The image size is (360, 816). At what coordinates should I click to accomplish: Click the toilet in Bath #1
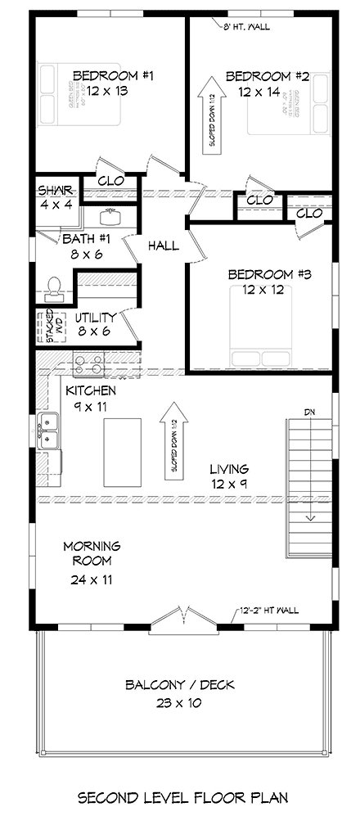(53, 286)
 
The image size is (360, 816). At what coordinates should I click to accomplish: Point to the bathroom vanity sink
(110, 217)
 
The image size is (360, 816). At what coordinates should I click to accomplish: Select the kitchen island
(122, 451)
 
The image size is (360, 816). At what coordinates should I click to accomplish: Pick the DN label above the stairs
(308, 412)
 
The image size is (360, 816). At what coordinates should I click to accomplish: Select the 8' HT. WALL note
(247, 26)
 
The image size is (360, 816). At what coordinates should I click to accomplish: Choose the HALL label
(164, 245)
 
